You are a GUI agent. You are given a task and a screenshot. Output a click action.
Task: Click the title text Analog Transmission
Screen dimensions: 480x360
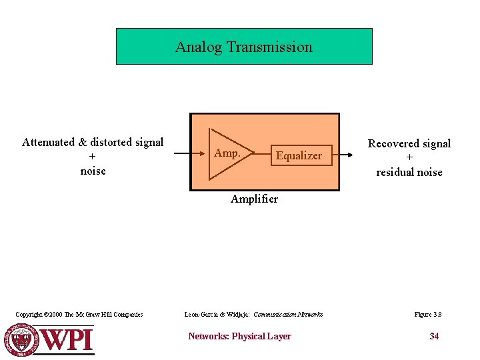pyautogui.click(x=244, y=47)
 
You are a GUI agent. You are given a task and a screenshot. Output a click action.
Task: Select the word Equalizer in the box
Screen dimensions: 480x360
pyautogui.click(x=299, y=156)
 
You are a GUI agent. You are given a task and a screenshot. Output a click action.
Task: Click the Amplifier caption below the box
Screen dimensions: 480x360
pyautogui.click(x=254, y=199)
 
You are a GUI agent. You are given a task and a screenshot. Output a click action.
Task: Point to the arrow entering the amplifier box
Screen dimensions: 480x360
pyautogui.click(x=182, y=154)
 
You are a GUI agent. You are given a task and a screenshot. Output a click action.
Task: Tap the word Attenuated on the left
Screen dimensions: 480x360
pyautogui.click(x=49, y=142)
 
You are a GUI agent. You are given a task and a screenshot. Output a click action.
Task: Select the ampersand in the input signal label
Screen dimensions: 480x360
pyautogui.click(x=83, y=142)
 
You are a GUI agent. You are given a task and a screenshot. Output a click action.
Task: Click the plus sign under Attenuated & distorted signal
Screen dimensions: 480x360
pyautogui.click(x=93, y=157)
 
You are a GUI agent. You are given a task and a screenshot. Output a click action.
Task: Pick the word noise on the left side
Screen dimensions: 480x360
pyautogui.click(x=93, y=171)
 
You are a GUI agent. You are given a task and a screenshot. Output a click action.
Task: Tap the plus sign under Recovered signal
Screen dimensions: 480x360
pyautogui.click(x=409, y=158)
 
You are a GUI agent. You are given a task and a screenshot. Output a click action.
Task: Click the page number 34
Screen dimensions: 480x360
pyautogui.click(x=434, y=336)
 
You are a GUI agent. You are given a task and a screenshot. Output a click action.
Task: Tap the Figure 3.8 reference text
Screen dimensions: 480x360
pyautogui.click(x=427, y=315)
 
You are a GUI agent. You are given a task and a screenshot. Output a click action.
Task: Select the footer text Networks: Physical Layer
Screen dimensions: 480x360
pyautogui.click(x=239, y=337)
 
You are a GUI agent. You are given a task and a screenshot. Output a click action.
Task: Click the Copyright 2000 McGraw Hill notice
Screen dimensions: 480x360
pyautogui.click(x=79, y=315)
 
